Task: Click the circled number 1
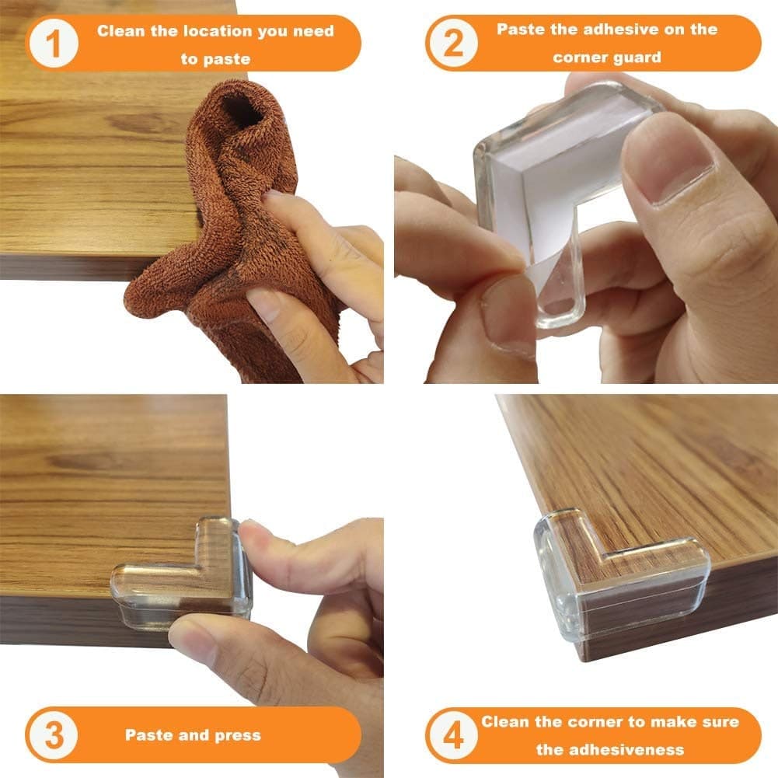click(x=54, y=44)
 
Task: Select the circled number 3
click(x=54, y=734)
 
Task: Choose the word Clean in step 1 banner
click(x=120, y=32)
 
